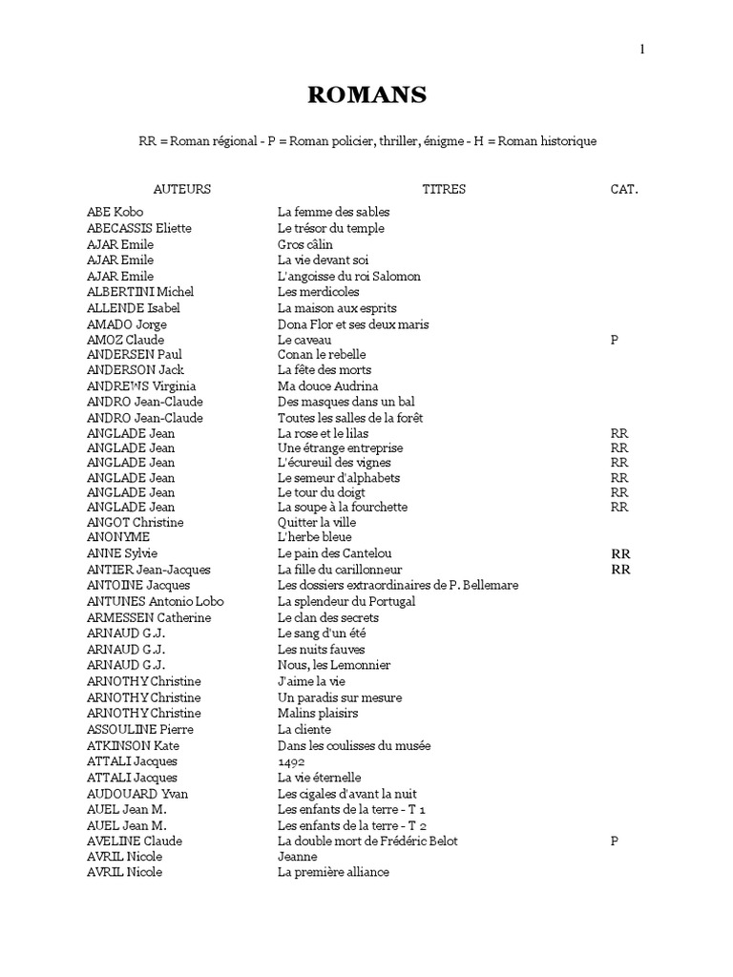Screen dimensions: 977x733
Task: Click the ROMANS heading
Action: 366,94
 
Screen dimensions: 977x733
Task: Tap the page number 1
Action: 642,50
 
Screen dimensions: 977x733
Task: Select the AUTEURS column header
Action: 182,189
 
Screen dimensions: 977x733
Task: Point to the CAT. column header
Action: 624,189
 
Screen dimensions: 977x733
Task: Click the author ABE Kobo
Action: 115,212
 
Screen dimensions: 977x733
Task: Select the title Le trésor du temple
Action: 331,228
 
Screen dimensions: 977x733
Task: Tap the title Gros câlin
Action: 305,244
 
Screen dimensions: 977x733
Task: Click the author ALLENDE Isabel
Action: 133,308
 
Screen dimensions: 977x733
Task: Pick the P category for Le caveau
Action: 615,340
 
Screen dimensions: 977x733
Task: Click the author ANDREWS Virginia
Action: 141,385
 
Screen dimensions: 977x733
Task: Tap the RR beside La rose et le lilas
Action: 619,433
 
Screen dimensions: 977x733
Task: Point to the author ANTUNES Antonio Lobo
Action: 156,601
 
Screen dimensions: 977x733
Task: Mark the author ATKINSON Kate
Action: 133,745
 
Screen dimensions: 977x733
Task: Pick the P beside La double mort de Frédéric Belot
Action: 615,841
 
